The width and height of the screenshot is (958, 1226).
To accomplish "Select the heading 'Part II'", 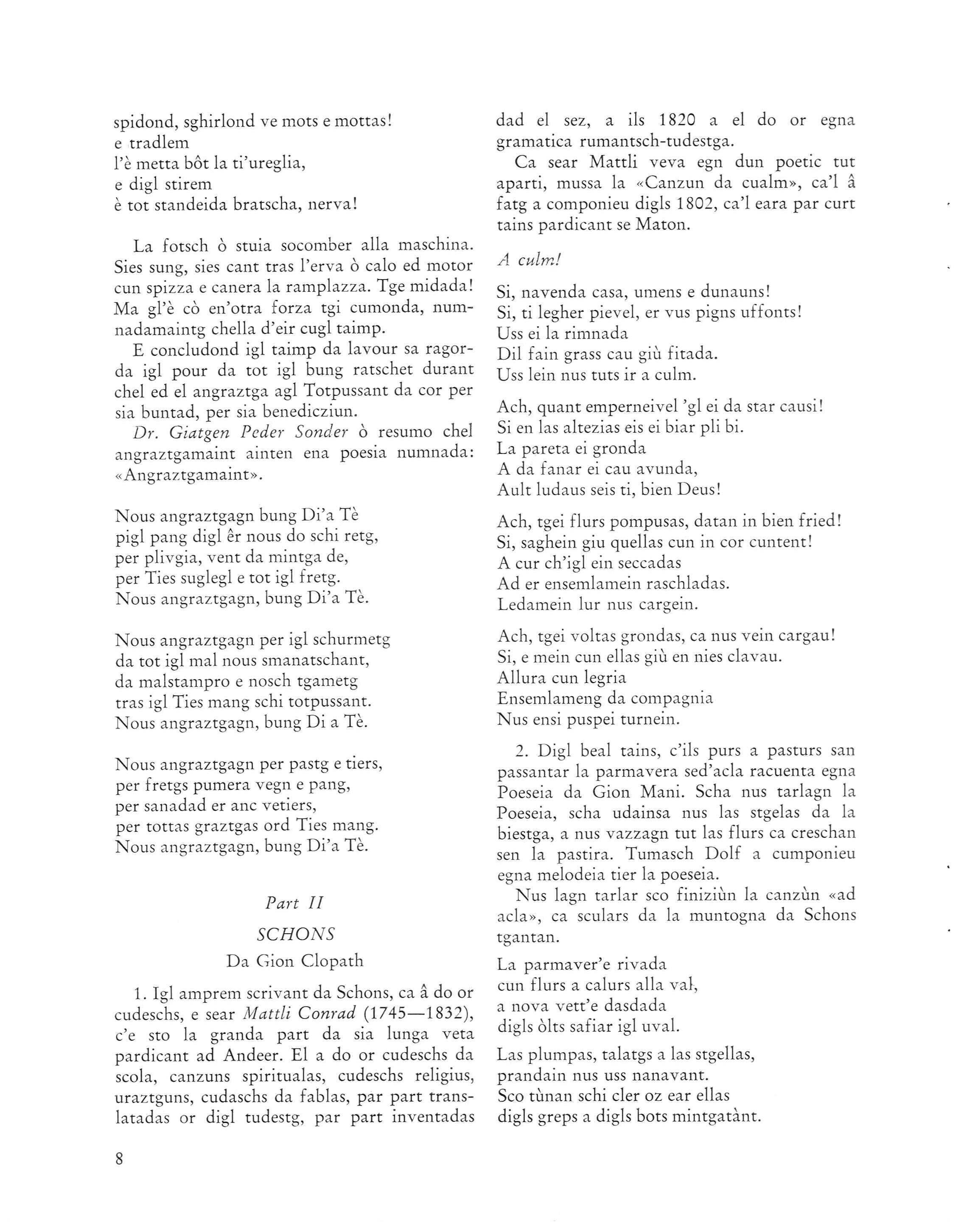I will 294,903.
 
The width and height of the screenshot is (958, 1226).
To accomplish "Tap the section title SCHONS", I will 295,934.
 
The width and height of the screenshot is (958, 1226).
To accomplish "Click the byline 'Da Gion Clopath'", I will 295,961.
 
